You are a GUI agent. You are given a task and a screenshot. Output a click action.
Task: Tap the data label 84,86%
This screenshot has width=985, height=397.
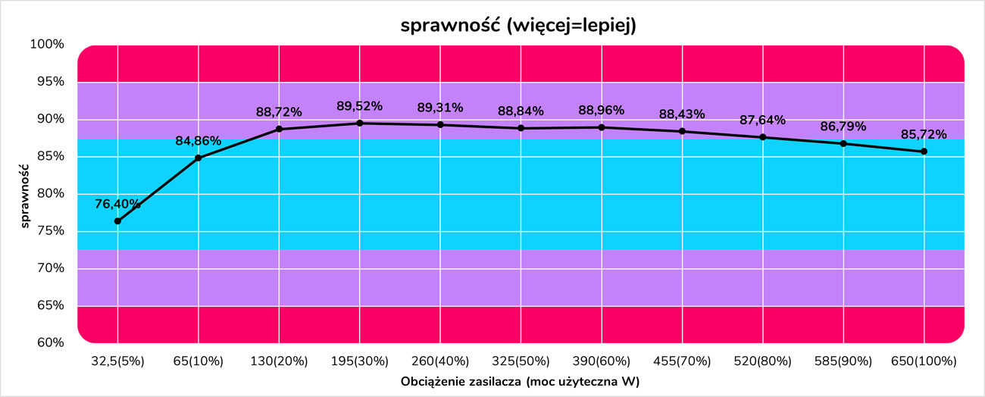pos(198,141)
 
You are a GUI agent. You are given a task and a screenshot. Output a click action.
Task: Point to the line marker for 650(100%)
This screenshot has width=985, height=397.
pos(924,152)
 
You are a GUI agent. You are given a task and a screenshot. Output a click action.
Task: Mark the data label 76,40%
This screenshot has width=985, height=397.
pos(117,204)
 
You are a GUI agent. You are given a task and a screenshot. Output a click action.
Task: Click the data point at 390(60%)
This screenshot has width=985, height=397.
pos(602,127)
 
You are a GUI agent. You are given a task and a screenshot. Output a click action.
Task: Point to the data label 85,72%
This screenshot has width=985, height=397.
pos(924,135)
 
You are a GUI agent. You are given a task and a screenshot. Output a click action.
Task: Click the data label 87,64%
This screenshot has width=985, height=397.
pos(762,120)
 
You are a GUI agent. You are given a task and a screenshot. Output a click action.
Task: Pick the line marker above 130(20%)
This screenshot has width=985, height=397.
pos(279,129)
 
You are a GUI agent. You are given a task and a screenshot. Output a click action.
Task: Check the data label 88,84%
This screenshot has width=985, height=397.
pos(521,111)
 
